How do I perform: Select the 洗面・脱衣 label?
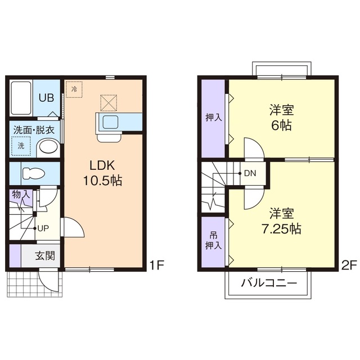[34, 129]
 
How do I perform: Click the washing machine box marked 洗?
[21, 146]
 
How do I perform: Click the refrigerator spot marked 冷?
[74, 88]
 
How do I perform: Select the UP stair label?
[43, 228]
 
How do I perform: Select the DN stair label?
[250, 173]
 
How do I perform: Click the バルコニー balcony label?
[269, 283]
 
